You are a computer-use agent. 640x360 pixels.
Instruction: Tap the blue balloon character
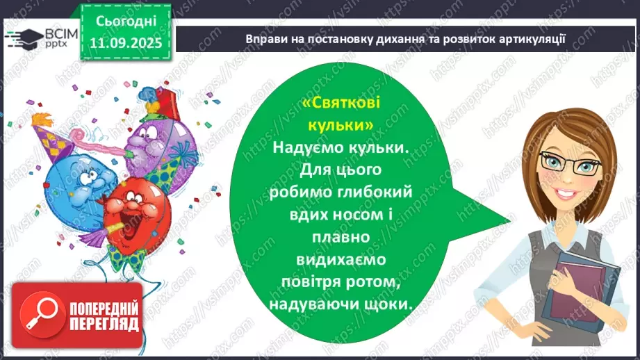coord(73,181)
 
